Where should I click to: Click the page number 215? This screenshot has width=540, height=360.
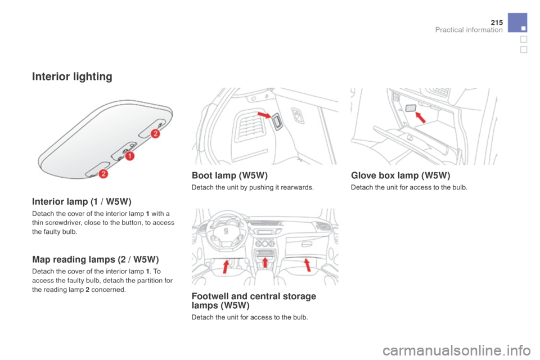click(x=497, y=22)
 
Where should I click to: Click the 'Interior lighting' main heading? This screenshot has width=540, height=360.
click(x=72, y=76)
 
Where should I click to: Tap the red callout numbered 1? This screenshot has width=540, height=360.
click(x=129, y=156)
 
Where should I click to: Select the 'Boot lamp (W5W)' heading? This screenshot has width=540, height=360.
click(x=229, y=175)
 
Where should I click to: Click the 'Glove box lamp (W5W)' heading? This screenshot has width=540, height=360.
click(x=400, y=175)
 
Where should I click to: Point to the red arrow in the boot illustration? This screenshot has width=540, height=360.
click(x=264, y=115)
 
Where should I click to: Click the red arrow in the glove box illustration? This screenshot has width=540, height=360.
click(x=420, y=117)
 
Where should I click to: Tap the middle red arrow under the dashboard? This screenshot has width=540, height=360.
click(x=265, y=262)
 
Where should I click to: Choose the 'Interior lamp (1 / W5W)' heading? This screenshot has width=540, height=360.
click(x=82, y=201)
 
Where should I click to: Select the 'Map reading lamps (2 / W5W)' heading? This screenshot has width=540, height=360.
click(x=96, y=259)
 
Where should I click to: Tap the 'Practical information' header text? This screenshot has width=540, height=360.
click(x=469, y=30)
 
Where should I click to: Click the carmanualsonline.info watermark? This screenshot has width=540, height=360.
click(x=456, y=350)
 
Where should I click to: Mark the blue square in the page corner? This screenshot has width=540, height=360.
click(x=517, y=22)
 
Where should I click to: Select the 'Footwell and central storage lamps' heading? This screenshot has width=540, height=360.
click(x=254, y=301)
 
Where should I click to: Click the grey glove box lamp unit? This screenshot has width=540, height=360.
click(x=411, y=108)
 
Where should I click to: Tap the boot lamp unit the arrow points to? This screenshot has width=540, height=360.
click(x=277, y=121)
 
